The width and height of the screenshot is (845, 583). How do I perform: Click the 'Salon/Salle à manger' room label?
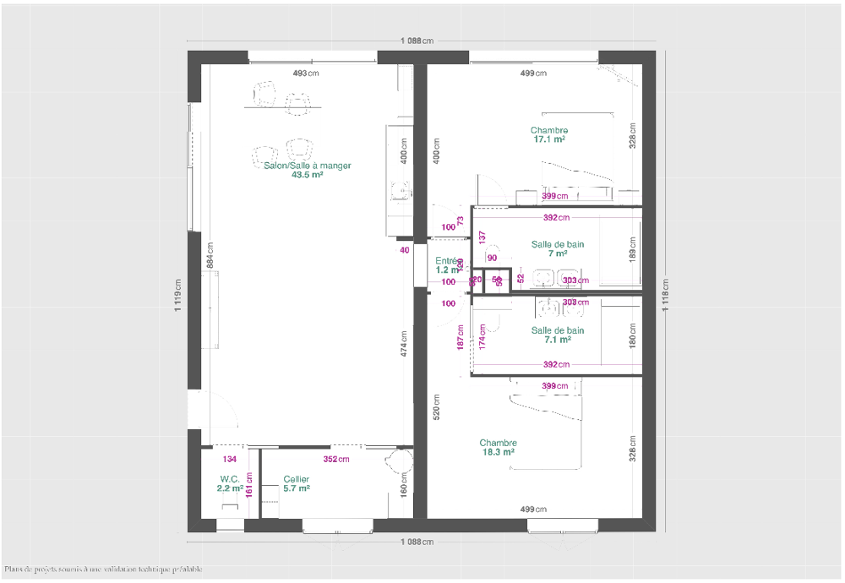tap(307, 166)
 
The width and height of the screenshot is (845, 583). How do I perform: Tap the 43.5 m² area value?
tap(307, 176)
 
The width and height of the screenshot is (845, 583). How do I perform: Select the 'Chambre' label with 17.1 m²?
tap(549, 130)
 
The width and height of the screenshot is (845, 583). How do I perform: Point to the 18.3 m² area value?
tap(498, 452)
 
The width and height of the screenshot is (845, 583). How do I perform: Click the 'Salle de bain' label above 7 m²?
tap(558, 244)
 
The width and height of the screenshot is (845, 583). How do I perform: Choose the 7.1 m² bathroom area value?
tap(558, 340)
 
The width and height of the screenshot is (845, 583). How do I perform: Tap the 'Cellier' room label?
tap(297, 479)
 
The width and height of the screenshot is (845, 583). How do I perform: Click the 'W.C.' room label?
tap(230, 479)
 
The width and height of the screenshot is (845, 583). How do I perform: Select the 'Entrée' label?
tap(446, 261)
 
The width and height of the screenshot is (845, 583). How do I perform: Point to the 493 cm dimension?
tap(306, 74)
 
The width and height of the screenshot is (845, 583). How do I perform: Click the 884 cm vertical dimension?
tap(210, 256)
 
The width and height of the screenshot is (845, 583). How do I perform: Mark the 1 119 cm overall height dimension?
tap(178, 296)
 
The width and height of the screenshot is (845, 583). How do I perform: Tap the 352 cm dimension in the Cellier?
tap(335, 460)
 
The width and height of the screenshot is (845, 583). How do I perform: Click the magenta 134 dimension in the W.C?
tap(230, 460)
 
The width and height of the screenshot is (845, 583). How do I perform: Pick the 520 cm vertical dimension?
tap(436, 408)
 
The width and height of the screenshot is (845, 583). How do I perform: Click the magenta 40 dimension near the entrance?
tap(404, 250)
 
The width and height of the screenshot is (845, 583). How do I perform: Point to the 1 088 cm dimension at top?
tap(417, 41)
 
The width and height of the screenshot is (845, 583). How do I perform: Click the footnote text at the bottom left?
tap(103, 569)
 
